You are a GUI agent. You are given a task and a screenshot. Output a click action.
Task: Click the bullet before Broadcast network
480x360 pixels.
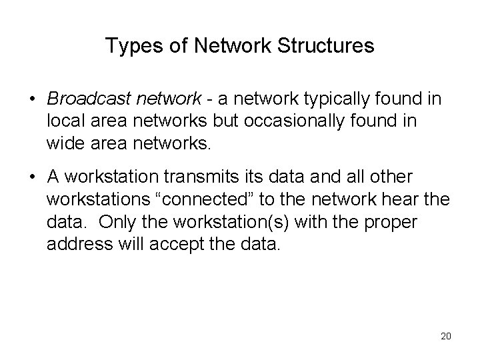click(x=33, y=100)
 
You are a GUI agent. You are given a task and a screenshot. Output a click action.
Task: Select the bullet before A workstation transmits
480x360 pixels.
click(x=33, y=178)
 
